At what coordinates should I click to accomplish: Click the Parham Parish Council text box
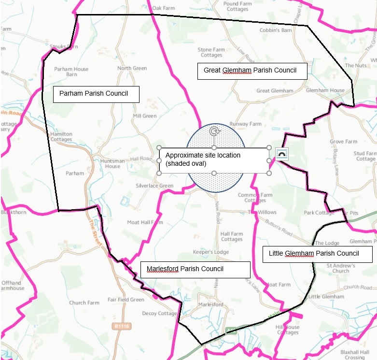[x=96, y=94]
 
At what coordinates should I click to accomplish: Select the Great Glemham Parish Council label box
[x=252, y=71]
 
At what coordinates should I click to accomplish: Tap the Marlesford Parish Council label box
[x=195, y=269]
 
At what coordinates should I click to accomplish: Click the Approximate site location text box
[x=214, y=160]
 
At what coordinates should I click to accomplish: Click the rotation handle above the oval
[x=214, y=131]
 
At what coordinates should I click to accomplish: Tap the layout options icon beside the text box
[x=282, y=154]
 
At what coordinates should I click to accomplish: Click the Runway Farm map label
[x=245, y=124]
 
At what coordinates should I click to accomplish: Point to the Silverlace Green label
[x=154, y=186]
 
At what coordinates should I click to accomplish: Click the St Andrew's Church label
[x=341, y=268]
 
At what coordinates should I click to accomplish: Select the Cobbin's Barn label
[x=276, y=30]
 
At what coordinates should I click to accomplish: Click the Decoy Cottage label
[x=160, y=314]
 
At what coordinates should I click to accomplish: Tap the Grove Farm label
[x=344, y=142]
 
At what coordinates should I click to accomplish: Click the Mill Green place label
[x=145, y=116]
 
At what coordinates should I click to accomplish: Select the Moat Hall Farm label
[x=145, y=223]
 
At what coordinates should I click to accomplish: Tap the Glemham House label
[x=325, y=90]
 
